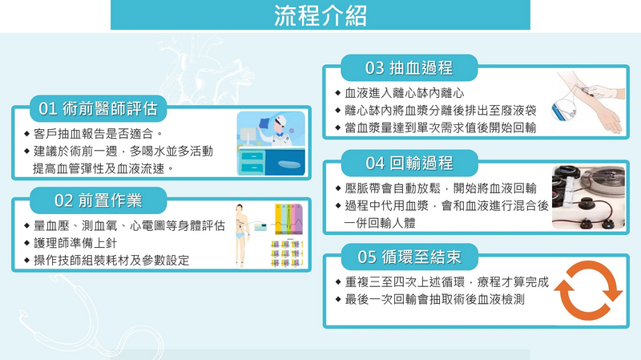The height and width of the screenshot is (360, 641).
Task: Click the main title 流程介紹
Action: coord(320,15)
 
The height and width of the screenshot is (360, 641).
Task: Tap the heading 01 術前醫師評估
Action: coord(98,109)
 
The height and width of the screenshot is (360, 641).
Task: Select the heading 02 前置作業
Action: coord(98,200)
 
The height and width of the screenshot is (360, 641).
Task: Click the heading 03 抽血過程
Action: coord(409,68)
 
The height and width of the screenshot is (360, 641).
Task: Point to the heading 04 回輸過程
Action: coord(409,163)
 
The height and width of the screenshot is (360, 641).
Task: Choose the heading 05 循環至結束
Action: coord(409,257)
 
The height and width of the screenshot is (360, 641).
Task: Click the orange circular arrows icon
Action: coord(588,291)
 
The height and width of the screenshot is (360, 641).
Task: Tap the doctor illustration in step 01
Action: coord(271,144)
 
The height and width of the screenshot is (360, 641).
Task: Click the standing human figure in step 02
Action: coord(241,236)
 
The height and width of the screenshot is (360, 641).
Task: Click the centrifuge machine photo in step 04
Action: coord(588,197)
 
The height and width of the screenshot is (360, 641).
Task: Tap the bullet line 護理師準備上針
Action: coord(75,243)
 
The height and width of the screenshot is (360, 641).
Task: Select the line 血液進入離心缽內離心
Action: coord(405,93)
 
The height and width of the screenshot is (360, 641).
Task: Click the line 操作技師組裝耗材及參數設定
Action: coord(111,261)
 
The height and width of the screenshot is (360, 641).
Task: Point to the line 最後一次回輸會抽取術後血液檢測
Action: coord(434,299)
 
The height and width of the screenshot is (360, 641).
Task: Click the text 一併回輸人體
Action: coord(380,223)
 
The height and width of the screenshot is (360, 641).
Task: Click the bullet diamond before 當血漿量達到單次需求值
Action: coord(337,127)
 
